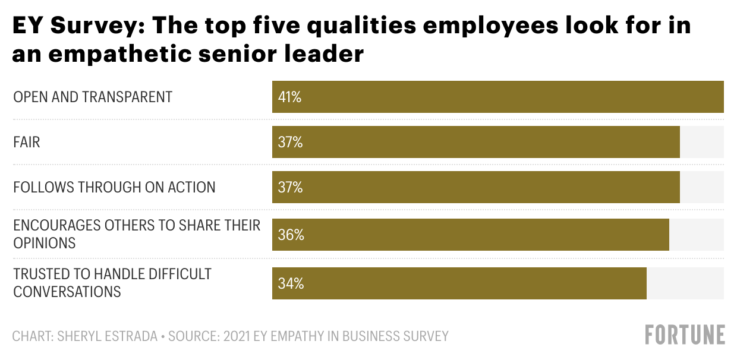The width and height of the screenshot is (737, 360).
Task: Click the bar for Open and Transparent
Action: [x=497, y=97]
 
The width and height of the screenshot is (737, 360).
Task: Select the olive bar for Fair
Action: [x=475, y=142]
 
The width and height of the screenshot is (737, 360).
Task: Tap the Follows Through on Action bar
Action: [x=475, y=188]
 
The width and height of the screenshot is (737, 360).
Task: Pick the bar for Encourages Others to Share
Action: [x=470, y=235]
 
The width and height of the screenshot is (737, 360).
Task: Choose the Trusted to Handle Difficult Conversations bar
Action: [x=459, y=283]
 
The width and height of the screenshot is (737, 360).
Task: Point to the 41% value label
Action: [x=289, y=97]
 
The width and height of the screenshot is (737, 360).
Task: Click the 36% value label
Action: [x=291, y=235]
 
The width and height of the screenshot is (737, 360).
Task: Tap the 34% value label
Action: [x=291, y=283]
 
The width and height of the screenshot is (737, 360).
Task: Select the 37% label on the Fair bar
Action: [x=290, y=142]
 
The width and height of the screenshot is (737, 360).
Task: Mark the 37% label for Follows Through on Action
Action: [x=290, y=188]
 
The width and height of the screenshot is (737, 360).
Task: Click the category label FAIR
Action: [x=27, y=143]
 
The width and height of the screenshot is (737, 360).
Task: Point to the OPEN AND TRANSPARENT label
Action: [x=93, y=97]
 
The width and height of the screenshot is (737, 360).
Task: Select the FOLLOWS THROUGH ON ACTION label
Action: [x=114, y=188]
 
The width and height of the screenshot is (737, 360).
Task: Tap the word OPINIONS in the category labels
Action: [x=45, y=243]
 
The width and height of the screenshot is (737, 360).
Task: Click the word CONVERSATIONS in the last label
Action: [x=67, y=292]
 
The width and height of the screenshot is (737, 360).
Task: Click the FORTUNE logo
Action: [x=685, y=334]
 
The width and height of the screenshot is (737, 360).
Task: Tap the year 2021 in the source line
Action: [x=237, y=336]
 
